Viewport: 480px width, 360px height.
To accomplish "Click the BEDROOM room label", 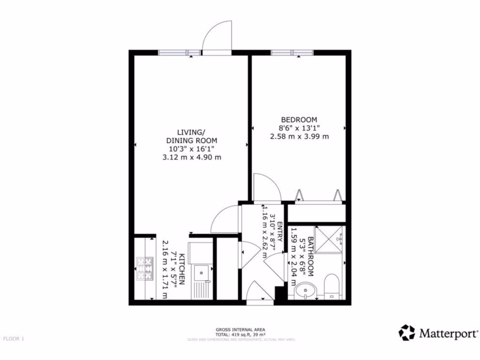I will [299, 120].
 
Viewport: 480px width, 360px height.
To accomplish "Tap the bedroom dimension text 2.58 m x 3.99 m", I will [299, 136].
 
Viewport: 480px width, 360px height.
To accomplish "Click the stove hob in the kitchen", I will [145, 269].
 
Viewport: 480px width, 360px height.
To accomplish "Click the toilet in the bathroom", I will [331, 285].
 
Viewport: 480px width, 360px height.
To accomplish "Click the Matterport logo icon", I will [406, 333].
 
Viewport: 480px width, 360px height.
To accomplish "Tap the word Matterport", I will [448, 334].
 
